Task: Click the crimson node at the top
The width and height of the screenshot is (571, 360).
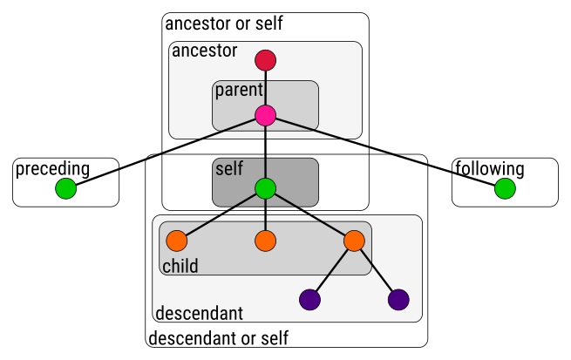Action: coord(265,60)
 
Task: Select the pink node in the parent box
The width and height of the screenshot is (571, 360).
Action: coord(265,115)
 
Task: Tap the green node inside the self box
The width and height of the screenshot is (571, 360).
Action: coord(265,188)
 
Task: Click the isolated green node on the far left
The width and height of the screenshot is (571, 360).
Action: coord(66,188)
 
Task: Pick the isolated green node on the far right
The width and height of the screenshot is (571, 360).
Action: coord(505,188)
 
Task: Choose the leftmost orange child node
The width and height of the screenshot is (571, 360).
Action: coord(177,241)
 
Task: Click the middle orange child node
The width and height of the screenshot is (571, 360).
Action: coord(265,241)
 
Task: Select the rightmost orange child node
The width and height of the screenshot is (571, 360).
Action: coord(354,241)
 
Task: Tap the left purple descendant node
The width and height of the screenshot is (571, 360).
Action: coord(309,300)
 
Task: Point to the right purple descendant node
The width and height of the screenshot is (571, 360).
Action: coord(398,300)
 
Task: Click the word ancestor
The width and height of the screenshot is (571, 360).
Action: coord(205,51)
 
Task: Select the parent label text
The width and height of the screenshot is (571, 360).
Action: coord(239,90)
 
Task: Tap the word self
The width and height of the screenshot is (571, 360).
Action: coord(229,168)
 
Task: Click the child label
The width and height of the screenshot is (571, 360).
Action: coord(180,266)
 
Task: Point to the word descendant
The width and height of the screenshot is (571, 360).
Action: coord(199,313)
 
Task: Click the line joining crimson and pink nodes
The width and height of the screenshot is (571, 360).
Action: coord(265,87)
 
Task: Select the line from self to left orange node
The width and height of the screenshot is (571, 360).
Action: coord(221,214)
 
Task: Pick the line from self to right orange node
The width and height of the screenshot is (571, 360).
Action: coord(309,214)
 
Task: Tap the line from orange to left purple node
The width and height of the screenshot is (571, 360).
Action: coord(332,270)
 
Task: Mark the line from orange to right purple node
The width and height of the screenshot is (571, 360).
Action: coord(376,270)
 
